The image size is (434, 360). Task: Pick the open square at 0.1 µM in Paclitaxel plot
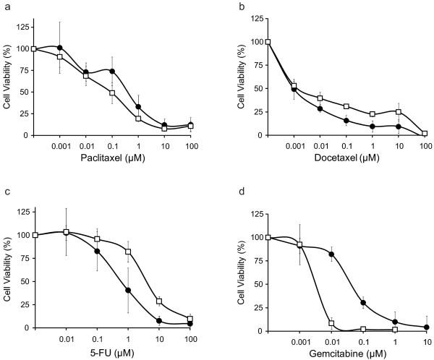[112, 93]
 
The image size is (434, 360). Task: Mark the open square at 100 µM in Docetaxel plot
[425, 133]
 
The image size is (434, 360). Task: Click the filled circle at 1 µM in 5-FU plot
[128, 291]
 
